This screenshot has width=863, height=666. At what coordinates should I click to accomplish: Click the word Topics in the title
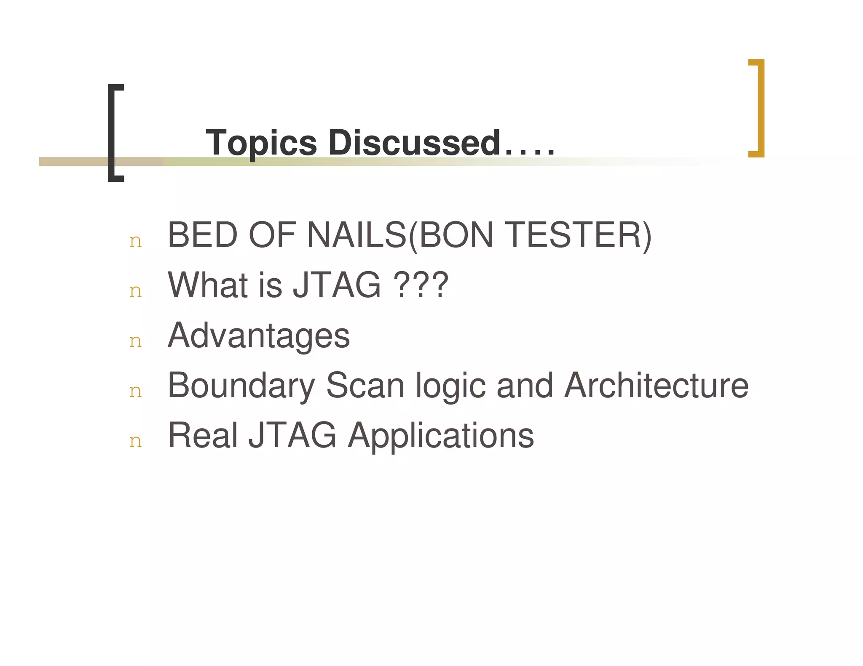click(x=261, y=143)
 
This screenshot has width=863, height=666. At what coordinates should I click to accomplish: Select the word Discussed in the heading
click(x=414, y=142)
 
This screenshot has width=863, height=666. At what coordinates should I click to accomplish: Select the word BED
click(x=203, y=235)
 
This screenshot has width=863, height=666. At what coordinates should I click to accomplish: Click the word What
click(x=208, y=285)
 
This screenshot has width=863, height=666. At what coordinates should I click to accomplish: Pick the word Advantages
click(x=259, y=336)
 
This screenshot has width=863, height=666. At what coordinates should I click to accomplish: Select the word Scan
click(x=365, y=385)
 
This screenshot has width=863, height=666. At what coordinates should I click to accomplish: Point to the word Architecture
click(x=656, y=385)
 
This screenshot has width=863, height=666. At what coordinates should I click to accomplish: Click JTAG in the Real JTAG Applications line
click(x=292, y=435)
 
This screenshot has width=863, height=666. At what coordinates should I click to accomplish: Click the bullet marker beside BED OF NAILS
click(x=135, y=241)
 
